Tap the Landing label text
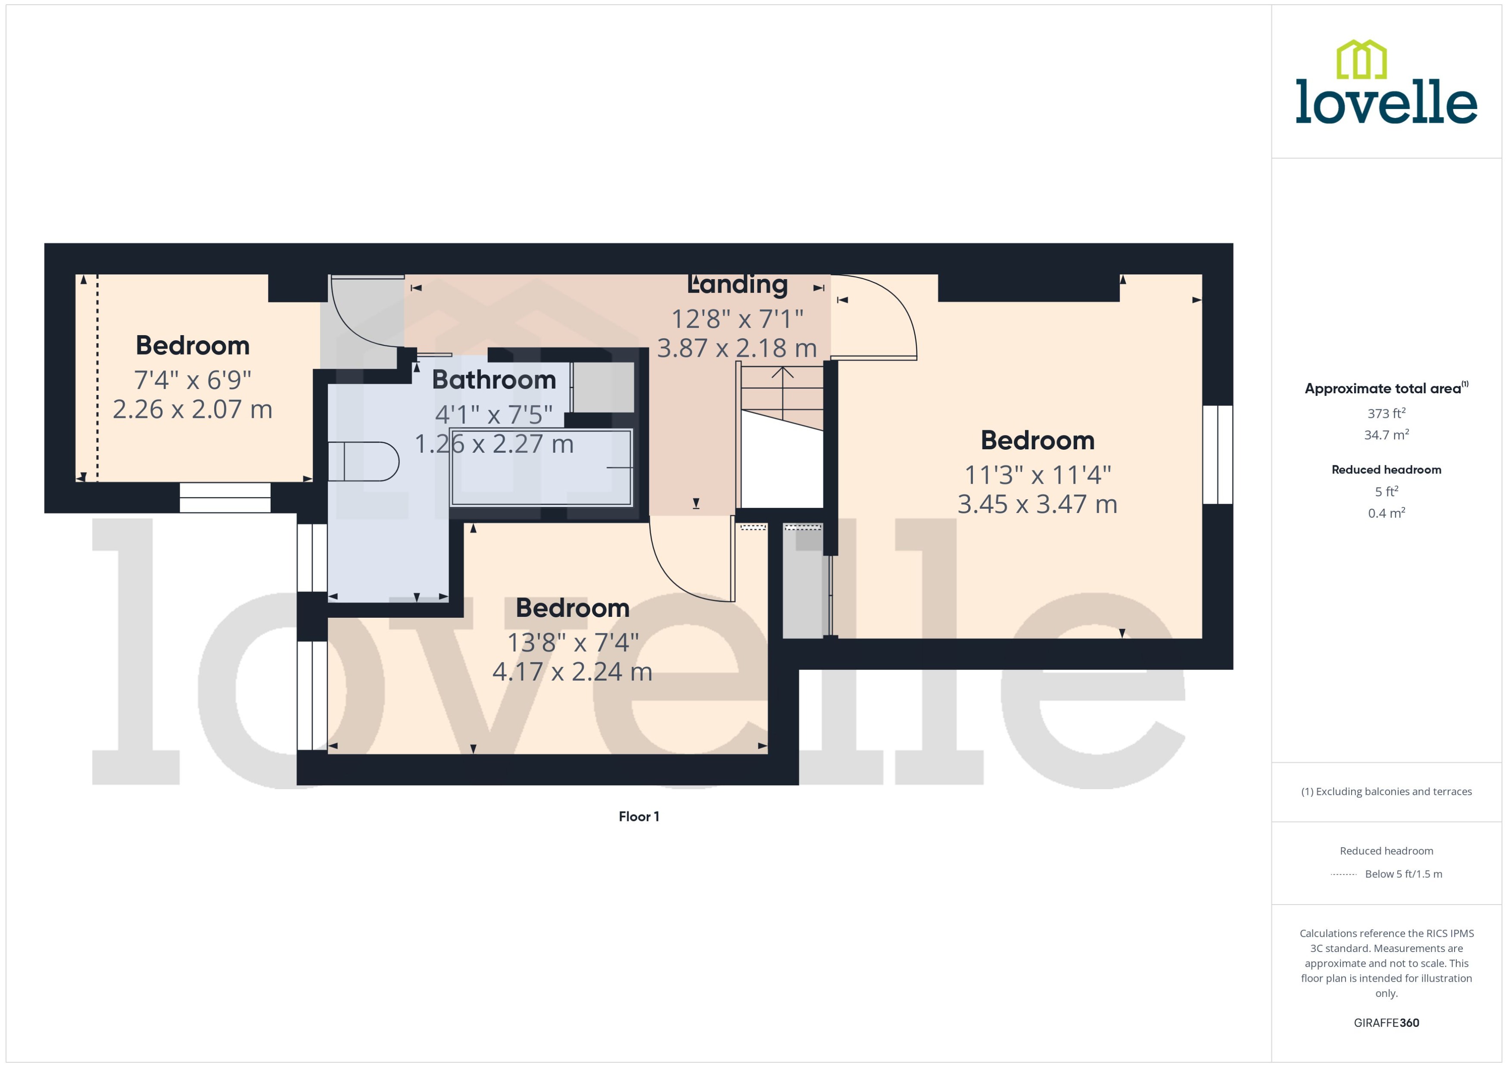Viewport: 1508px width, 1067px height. coord(737,284)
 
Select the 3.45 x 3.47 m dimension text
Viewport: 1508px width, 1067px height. coord(1037,504)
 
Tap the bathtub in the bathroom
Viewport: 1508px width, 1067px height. coord(541,467)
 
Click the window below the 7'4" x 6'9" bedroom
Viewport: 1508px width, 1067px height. coord(225,498)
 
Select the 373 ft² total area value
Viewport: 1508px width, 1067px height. coord(1386,413)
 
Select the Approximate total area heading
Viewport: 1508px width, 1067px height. coord(1383,388)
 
